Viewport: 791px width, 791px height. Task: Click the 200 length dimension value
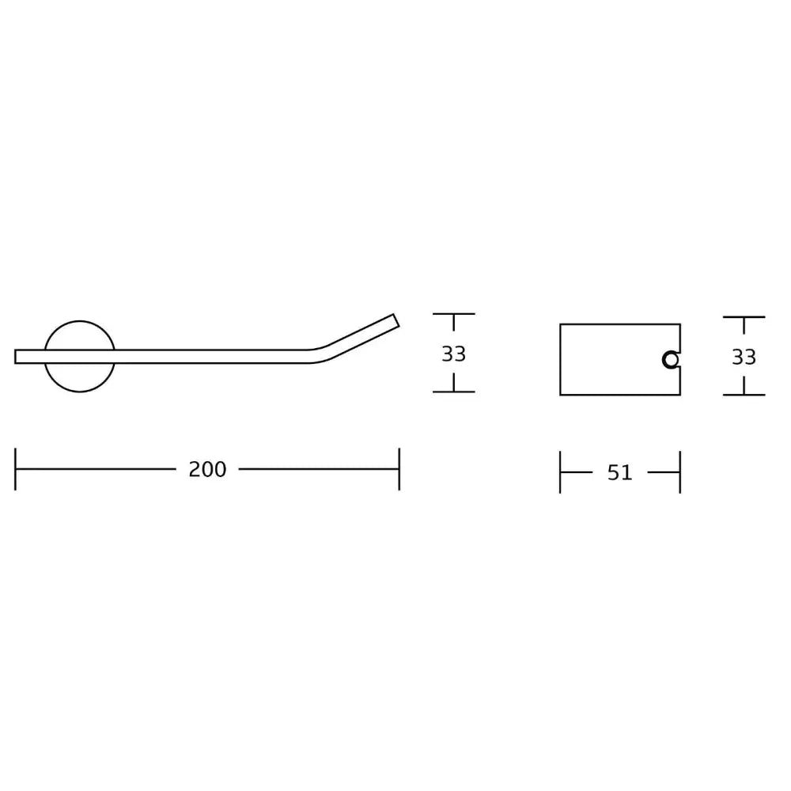(207, 469)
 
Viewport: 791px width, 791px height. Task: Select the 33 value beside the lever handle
(453, 354)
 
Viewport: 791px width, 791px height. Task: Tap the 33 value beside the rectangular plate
(744, 358)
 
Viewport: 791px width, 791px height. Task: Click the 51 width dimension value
(620, 472)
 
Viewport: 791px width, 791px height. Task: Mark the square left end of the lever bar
(17, 357)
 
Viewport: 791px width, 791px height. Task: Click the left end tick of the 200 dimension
(16, 469)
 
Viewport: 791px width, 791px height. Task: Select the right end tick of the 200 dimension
(399, 469)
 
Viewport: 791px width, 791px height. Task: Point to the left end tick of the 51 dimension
(560, 472)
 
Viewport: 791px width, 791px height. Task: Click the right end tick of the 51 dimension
(679, 472)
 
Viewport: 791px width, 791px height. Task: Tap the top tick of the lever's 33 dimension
(453, 314)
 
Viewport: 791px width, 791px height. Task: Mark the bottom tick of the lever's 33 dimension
(453, 392)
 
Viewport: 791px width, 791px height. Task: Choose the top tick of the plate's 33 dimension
(744, 317)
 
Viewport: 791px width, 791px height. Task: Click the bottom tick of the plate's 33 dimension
(744, 395)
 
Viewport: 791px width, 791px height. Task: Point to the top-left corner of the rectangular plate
(560, 324)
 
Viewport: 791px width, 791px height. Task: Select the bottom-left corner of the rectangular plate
(560, 395)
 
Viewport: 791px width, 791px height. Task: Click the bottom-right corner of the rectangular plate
(679, 395)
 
